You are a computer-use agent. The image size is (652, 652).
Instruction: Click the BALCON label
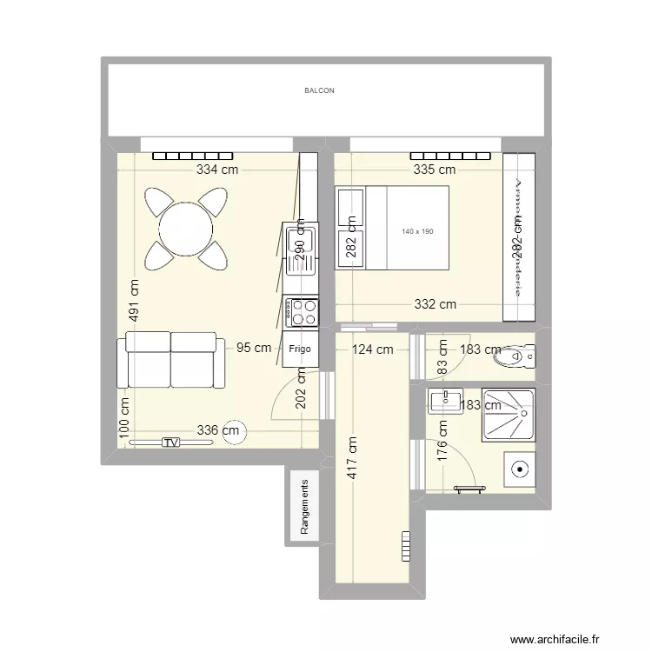pyautogui.click(x=319, y=90)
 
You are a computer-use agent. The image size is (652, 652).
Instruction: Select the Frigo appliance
pyautogui.click(x=300, y=348)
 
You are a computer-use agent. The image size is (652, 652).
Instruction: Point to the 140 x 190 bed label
pyautogui.click(x=417, y=231)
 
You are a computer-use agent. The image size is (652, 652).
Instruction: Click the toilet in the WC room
pyautogui.click(x=514, y=356)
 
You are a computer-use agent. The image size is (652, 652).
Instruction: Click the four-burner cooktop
pyautogui.click(x=302, y=312)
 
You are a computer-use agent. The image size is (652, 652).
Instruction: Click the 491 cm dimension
pyautogui.click(x=134, y=300)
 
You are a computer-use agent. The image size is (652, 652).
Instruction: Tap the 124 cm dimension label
pyautogui.click(x=372, y=349)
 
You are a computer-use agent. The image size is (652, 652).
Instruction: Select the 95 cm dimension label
pyautogui.click(x=254, y=348)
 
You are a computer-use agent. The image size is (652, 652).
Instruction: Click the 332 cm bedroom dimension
pyautogui.click(x=435, y=304)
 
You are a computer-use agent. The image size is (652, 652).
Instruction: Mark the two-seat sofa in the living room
pyautogui.click(x=170, y=360)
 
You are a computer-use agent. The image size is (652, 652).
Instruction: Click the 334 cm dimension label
pyautogui.click(x=216, y=170)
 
